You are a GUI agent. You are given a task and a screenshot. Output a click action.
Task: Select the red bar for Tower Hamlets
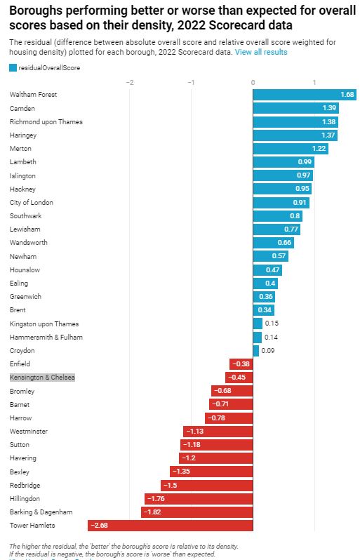coord(170,526)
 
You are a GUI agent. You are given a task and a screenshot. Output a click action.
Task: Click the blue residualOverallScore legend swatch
coord(13,68)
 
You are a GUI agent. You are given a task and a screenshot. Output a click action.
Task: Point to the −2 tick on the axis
coord(129,82)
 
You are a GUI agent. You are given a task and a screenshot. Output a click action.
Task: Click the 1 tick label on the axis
coord(314,82)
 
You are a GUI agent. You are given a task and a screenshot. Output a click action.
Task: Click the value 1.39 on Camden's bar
coord(329,108)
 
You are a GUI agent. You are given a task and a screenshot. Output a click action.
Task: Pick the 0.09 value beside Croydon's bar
coord(268,351)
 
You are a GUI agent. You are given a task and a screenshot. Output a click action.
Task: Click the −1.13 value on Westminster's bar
coord(194,432)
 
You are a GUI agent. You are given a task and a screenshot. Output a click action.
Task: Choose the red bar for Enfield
coord(241,364)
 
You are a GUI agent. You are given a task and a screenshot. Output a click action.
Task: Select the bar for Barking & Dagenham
coord(196,512)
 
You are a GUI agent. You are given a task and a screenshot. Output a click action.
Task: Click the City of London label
coord(32,203)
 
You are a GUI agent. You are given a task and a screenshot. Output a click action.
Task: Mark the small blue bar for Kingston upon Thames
coord(258,324)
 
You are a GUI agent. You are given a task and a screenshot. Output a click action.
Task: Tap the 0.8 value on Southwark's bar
coord(295,216)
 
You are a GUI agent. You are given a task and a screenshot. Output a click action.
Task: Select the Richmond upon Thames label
coord(46,122)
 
